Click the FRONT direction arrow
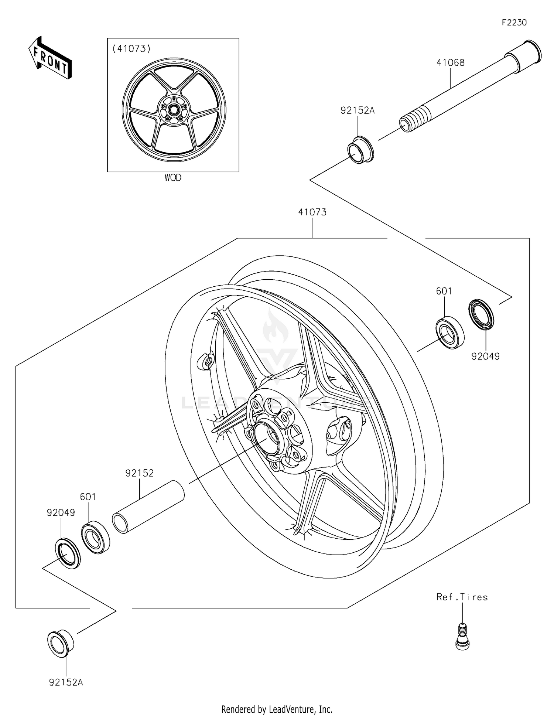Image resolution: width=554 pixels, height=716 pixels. coord(50,58)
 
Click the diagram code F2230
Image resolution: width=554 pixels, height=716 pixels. coord(514,23)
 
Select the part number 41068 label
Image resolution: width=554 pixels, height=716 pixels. coord(461,63)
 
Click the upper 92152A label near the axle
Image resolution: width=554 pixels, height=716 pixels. coord(357,110)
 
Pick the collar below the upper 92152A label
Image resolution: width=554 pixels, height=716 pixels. coord(360,150)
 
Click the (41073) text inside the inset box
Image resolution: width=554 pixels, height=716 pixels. coord(131,48)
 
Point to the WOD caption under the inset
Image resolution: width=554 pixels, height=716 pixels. coord(173,178)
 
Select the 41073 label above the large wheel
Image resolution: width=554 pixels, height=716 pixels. coord(312,212)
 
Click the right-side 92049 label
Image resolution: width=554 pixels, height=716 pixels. coord(485,356)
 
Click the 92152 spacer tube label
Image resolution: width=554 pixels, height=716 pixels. coord(139,473)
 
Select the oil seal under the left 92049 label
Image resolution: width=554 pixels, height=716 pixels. coord(68,553)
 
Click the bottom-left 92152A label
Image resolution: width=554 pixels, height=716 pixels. coord(66,682)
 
